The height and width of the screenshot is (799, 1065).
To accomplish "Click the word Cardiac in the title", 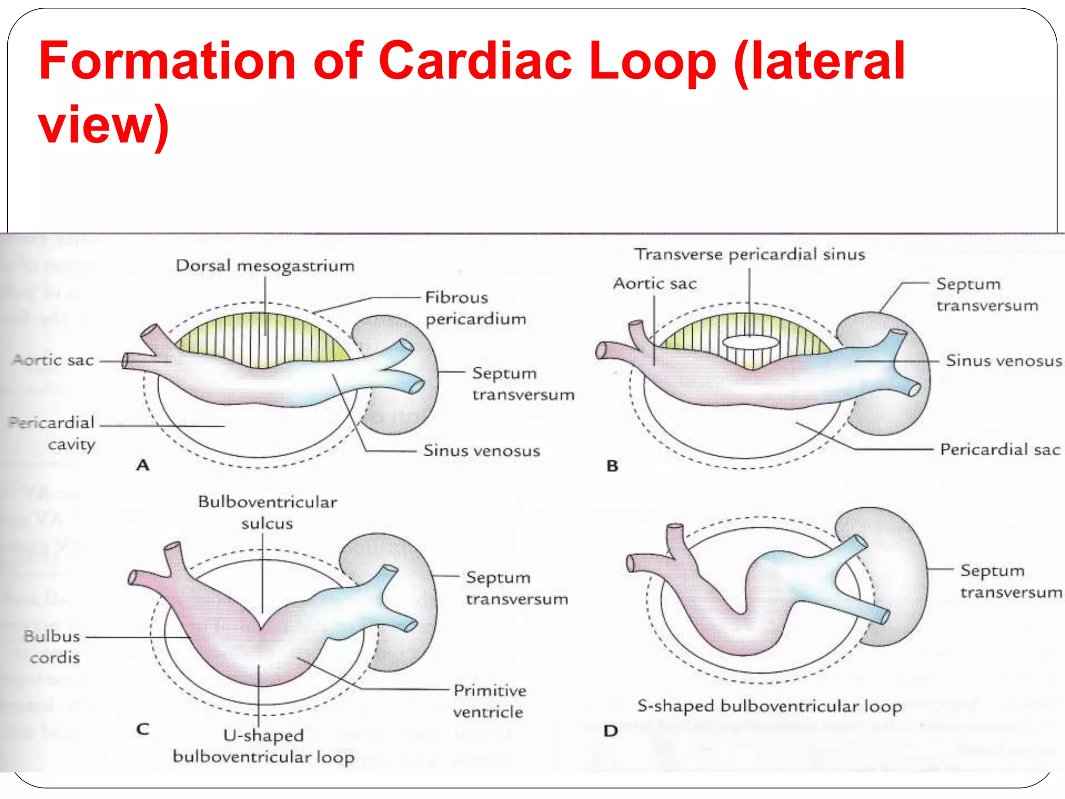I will click(x=475, y=61).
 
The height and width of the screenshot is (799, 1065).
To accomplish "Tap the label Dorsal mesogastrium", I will click(x=265, y=266).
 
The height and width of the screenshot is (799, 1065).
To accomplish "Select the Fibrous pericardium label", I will click(x=475, y=308).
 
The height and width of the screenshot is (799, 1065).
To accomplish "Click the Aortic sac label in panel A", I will click(x=53, y=360).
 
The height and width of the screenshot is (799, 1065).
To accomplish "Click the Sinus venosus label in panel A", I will click(x=482, y=450).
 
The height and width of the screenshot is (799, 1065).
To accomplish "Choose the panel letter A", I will click(x=143, y=465).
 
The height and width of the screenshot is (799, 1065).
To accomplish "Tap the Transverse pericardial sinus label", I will click(x=749, y=254).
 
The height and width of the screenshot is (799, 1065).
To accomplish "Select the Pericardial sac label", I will click(x=999, y=449).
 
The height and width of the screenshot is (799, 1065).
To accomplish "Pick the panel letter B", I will click(x=613, y=466).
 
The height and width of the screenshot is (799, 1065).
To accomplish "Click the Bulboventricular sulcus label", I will click(x=267, y=512).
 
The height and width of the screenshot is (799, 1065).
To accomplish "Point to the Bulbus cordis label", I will click(x=53, y=647).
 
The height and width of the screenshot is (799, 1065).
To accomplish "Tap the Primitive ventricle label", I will click(x=489, y=701).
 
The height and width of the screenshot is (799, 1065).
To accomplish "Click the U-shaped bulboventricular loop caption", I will click(x=264, y=746).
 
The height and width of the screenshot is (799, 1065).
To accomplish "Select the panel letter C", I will click(x=142, y=729).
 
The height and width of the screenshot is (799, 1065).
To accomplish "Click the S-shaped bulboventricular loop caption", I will click(x=770, y=706).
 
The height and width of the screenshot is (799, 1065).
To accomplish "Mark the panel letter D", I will click(x=611, y=731).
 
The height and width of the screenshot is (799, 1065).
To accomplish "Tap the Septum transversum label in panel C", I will click(x=516, y=588).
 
